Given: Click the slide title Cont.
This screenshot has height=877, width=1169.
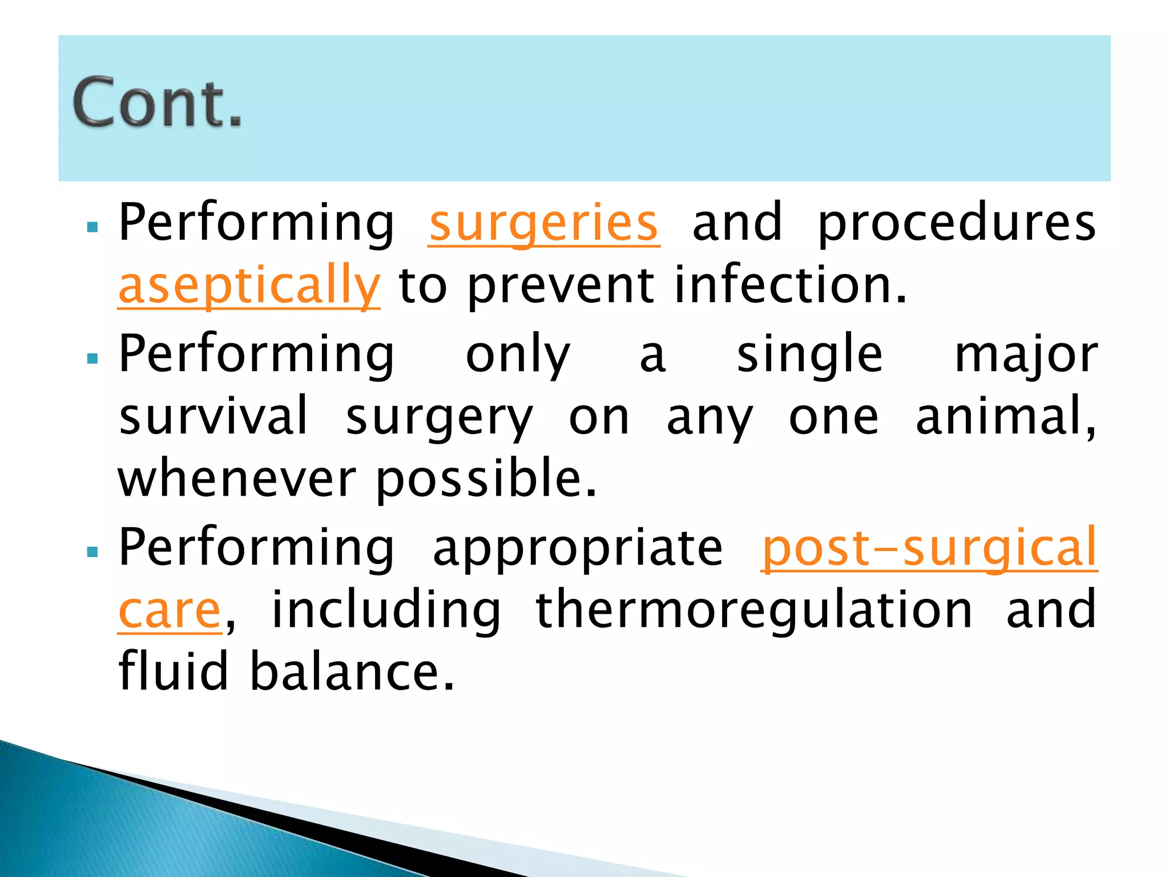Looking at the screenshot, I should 157,103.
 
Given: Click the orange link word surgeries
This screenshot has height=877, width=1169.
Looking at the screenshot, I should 543,224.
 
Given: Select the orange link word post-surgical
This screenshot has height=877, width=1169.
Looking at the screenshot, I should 929,548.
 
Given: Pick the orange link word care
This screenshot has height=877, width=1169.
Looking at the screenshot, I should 170,611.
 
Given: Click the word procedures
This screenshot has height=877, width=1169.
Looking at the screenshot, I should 957,224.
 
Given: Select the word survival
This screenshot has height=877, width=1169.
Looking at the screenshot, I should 213,417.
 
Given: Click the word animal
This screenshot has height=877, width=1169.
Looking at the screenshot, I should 1005,417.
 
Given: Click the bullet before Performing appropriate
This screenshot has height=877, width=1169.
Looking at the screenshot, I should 92,552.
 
